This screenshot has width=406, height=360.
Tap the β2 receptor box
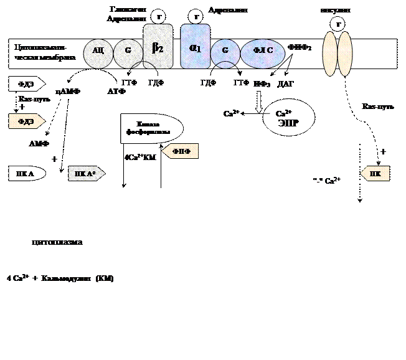[x=158, y=47]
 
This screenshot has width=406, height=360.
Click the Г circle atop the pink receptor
[x=338, y=24]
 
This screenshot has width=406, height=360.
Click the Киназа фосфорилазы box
[x=151, y=128]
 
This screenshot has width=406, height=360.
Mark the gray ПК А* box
[x=86, y=174]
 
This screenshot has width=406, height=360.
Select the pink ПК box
[x=375, y=174]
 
